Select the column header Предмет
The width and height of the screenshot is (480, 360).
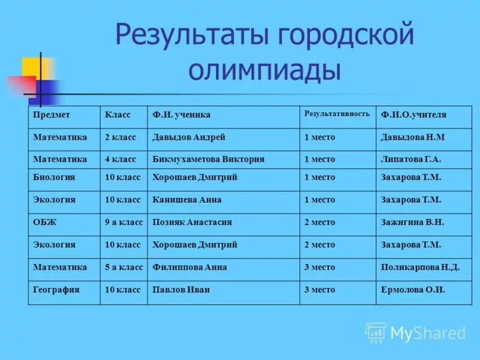[52, 115]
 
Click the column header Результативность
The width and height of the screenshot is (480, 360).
[337, 114]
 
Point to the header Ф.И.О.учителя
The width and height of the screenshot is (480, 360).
[413, 115]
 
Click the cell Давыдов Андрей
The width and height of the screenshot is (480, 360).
[189, 137]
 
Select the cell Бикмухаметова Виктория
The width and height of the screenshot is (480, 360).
[209, 160]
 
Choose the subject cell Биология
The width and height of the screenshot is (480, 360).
[54, 178]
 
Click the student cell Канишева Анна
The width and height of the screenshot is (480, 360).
[187, 200]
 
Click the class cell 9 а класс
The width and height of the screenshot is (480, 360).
[124, 222]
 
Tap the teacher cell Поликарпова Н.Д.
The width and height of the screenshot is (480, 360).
[420, 267]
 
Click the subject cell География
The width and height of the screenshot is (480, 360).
[56, 289]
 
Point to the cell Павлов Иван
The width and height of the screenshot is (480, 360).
[181, 289]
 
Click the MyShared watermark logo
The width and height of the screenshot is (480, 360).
[415, 333]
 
